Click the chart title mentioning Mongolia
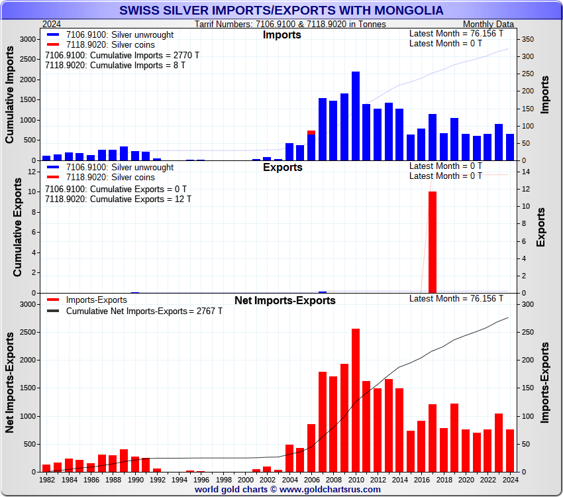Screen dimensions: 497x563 [281, 11]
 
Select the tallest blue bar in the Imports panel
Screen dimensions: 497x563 [356, 116]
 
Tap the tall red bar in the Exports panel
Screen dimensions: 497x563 [433, 242]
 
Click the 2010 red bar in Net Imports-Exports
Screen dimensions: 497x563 [356, 400]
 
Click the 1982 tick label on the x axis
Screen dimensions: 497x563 [46, 478]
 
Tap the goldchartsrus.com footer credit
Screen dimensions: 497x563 [287, 490]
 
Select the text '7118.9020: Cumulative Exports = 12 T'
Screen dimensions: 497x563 [118, 199]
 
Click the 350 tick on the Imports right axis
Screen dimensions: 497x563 [525, 40]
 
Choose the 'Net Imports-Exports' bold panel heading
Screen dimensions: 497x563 [285, 301]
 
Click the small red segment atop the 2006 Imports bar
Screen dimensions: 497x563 [311, 133]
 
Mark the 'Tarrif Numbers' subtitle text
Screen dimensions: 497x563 [290, 24]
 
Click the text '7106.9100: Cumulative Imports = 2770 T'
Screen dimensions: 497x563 [123, 56]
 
